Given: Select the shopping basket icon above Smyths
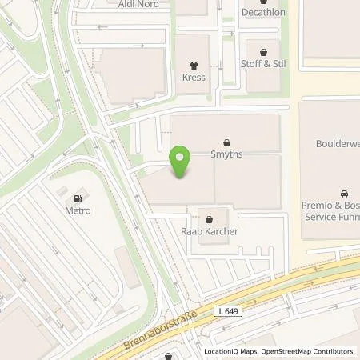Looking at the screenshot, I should pyautogui.click(x=226, y=142).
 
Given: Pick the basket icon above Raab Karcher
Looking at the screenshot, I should pyautogui.click(x=210, y=218).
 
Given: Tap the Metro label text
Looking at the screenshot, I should pyautogui.click(x=78, y=210).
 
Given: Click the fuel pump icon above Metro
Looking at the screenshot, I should pyautogui.click(x=78, y=198).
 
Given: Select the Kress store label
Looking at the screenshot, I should pyautogui.click(x=193, y=78).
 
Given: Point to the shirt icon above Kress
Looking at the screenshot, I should pyautogui.click(x=193, y=65).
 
